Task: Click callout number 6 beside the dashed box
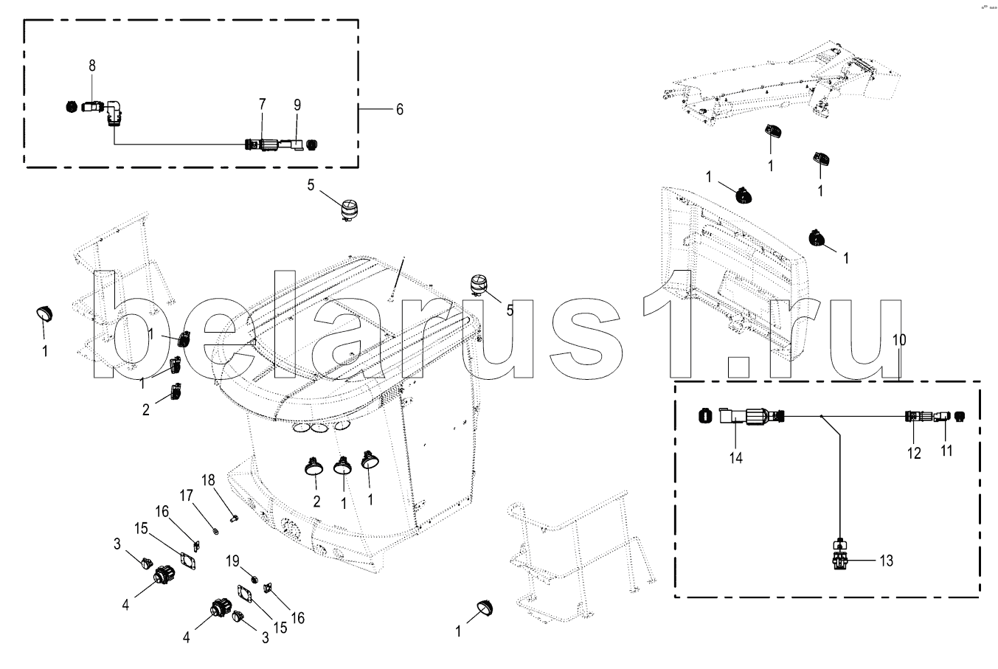399,109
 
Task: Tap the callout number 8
92,65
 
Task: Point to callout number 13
886,561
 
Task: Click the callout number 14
735,457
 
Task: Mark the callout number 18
209,479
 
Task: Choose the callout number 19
232,561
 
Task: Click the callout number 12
914,454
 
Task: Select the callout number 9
297,105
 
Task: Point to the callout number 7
262,105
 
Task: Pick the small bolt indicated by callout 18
234,518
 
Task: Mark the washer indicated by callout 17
213,528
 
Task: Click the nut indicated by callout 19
253,578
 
